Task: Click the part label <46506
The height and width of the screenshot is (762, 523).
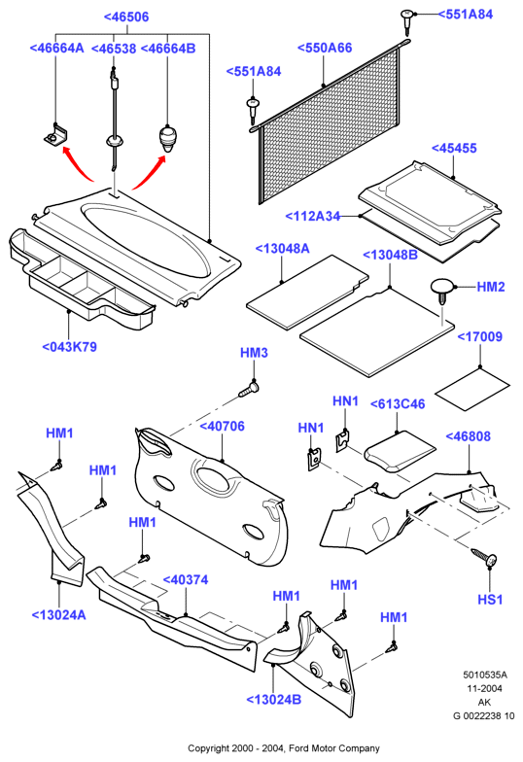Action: pos(126,17)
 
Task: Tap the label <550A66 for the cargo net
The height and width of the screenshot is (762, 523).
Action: pos(325,49)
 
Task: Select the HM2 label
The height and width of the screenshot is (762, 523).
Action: pos(491,287)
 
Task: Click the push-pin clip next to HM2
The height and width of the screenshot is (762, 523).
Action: pos(441,291)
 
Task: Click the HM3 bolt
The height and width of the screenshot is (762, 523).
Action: pos(249,389)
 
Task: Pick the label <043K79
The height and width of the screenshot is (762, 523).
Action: pos(70,347)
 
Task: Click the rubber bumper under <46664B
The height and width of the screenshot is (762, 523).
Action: pos(167,139)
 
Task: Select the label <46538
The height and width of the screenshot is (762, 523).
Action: pos(114,49)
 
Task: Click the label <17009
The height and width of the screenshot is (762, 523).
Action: pos(480,336)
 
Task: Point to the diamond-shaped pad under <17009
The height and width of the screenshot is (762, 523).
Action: pos(472,389)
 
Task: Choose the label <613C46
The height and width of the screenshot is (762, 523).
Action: pos(398,404)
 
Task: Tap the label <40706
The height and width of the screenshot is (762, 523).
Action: pos(222,427)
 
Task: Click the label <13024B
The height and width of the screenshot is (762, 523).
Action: pos(274,700)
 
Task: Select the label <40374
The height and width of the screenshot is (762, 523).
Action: pos(185,580)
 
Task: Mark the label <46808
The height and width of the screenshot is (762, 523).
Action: pos(469,437)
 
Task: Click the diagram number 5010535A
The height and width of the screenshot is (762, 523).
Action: pos(484,675)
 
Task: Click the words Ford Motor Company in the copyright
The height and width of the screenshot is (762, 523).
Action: pos(334,748)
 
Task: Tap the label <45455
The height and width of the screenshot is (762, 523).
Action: pos(454,148)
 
